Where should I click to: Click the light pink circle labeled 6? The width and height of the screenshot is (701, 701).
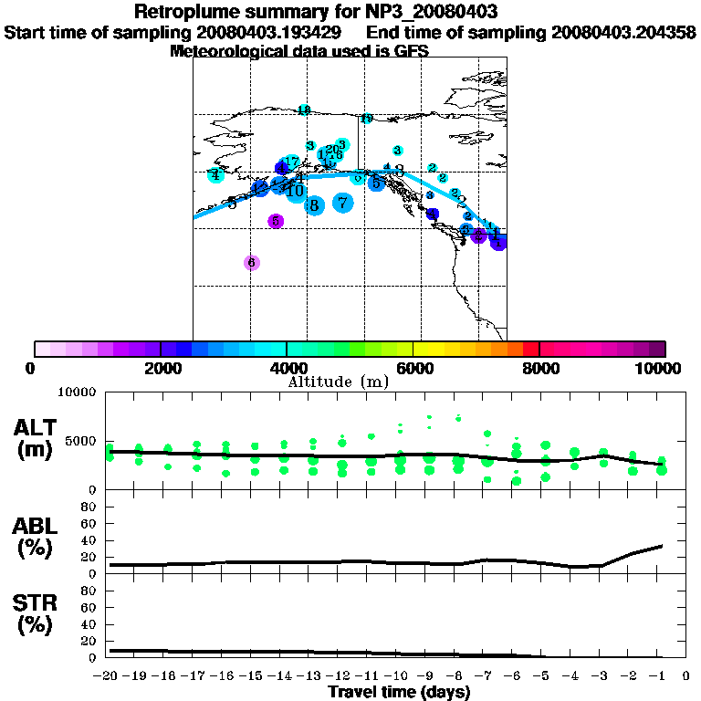click(x=252, y=263)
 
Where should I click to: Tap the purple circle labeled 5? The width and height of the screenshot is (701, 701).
click(x=276, y=221)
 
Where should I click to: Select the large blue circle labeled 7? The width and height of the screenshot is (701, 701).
click(x=342, y=203)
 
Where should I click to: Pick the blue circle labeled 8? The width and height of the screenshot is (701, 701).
click(x=314, y=205)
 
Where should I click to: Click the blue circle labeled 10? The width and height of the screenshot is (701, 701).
click(x=295, y=190)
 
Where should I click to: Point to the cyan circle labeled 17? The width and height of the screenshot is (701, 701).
click(x=291, y=162)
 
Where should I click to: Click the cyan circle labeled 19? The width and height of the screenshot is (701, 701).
click(x=366, y=119)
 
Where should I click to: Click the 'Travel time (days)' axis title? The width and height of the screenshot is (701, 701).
click(x=399, y=693)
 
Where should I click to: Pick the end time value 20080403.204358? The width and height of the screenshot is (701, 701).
click(x=624, y=33)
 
